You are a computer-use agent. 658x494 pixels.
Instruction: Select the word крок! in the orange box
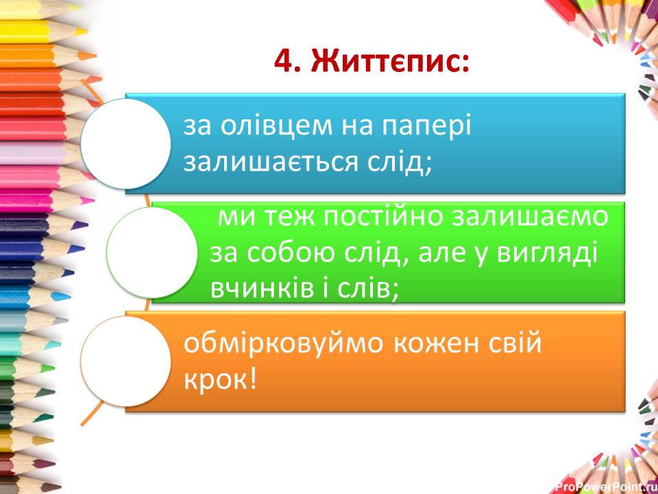(219, 379)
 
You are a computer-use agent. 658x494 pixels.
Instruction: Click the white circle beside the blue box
(125, 143)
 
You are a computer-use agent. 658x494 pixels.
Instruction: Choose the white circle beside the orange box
(125, 361)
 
